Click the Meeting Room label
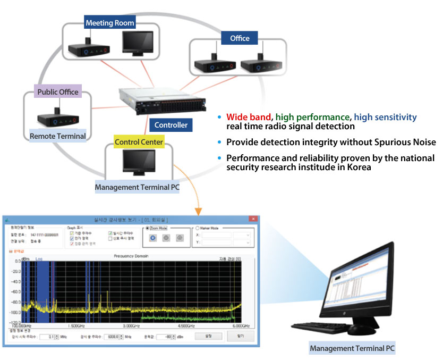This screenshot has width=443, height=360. (110, 23)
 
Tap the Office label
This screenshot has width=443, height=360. (240, 38)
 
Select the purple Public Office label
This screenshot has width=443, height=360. (58, 92)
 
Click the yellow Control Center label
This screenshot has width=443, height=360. (139, 142)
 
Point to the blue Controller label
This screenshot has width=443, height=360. (171, 125)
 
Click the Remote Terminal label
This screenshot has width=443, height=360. (58, 136)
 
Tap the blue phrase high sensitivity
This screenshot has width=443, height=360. (385, 117)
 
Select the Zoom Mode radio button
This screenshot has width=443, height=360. (147, 227)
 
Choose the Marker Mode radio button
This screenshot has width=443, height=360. (198, 227)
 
